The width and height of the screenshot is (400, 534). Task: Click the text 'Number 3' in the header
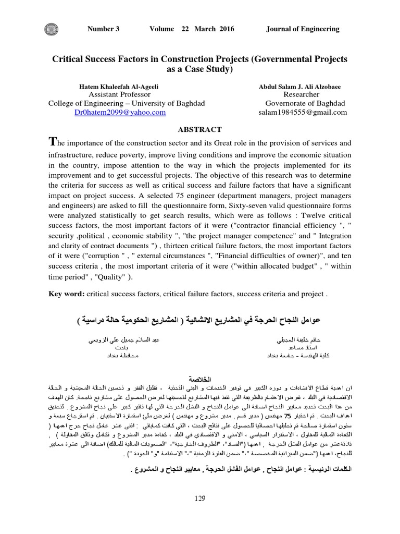click(x=104, y=29)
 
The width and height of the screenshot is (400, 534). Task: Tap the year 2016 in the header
click(x=226, y=29)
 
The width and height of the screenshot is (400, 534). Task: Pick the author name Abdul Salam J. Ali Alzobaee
click(x=298, y=86)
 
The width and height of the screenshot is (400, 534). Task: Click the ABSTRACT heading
click(x=200, y=129)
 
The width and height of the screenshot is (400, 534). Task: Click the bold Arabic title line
click(x=200, y=319)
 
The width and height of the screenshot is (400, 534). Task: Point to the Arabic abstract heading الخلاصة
click(x=200, y=378)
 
